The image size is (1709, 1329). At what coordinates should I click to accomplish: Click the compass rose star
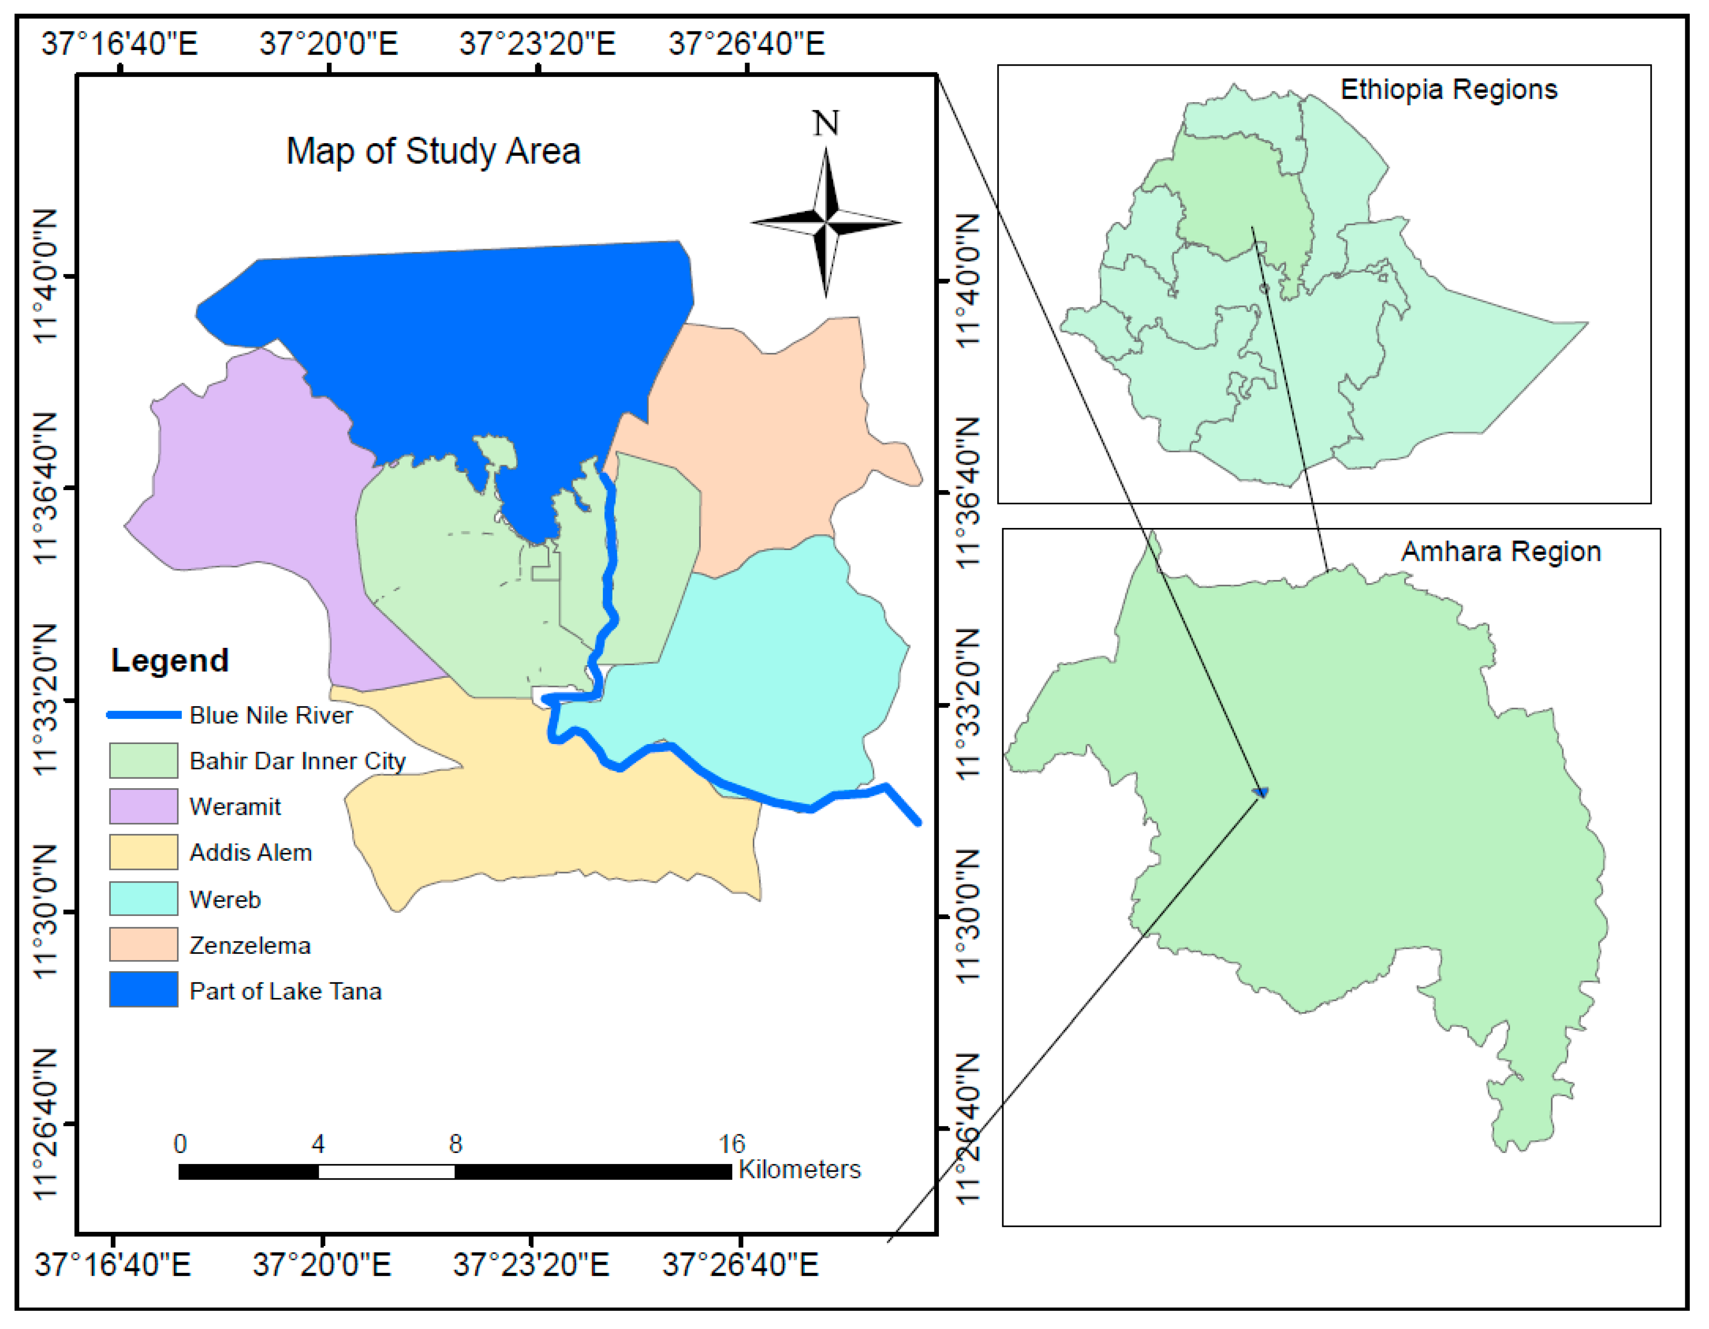(826, 223)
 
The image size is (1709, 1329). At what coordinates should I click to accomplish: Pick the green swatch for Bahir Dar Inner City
(143, 760)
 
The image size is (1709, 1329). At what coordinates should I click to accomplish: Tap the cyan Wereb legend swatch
(143, 899)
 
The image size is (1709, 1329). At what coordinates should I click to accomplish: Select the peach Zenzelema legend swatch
(143, 945)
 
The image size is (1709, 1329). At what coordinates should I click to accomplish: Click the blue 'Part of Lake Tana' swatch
(143, 990)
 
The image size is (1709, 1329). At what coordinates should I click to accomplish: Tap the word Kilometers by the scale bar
(799, 1169)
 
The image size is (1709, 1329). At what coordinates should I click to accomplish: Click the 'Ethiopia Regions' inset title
(1449, 90)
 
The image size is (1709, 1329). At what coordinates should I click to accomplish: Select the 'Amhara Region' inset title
(1500, 552)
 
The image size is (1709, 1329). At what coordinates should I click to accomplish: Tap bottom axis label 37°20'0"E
(321, 1265)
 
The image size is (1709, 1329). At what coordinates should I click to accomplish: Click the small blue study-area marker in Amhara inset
(1261, 792)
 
